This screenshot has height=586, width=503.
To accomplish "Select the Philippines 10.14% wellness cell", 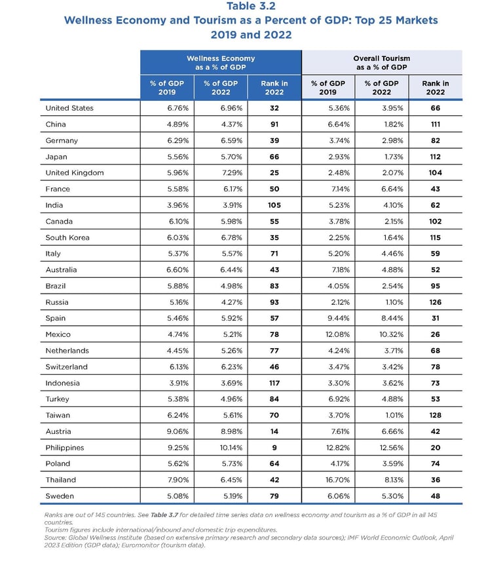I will pyautogui.click(x=221, y=448).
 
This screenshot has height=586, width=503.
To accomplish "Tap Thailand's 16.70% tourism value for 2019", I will pyautogui.click(x=328, y=480).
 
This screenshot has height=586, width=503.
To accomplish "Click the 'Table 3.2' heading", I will pyautogui.click(x=251, y=7).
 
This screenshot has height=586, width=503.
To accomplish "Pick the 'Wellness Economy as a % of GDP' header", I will pyautogui.click(x=221, y=63).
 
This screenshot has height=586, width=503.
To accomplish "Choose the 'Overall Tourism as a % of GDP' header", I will pyautogui.click(x=382, y=63).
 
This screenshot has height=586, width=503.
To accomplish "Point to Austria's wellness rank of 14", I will pyautogui.click(x=274, y=431).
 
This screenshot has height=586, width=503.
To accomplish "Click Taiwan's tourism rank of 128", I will pyautogui.click(x=436, y=416).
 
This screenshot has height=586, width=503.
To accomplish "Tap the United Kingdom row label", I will pyautogui.click(x=75, y=173).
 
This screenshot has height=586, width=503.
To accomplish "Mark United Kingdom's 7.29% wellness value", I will pyautogui.click(x=221, y=173).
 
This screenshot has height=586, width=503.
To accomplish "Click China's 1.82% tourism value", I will pyautogui.click(x=382, y=125).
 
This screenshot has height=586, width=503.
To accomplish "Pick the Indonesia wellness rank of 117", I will pyautogui.click(x=274, y=383).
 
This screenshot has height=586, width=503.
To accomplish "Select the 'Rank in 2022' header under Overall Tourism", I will pyautogui.click(x=436, y=88).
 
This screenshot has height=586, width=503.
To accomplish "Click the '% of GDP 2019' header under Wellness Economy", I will pyautogui.click(x=167, y=88).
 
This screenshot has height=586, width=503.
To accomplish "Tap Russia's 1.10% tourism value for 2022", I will pyautogui.click(x=382, y=302).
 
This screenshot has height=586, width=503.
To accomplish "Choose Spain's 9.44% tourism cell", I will pyautogui.click(x=328, y=319).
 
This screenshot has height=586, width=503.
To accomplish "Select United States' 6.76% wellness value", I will pyautogui.click(x=167, y=108).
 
